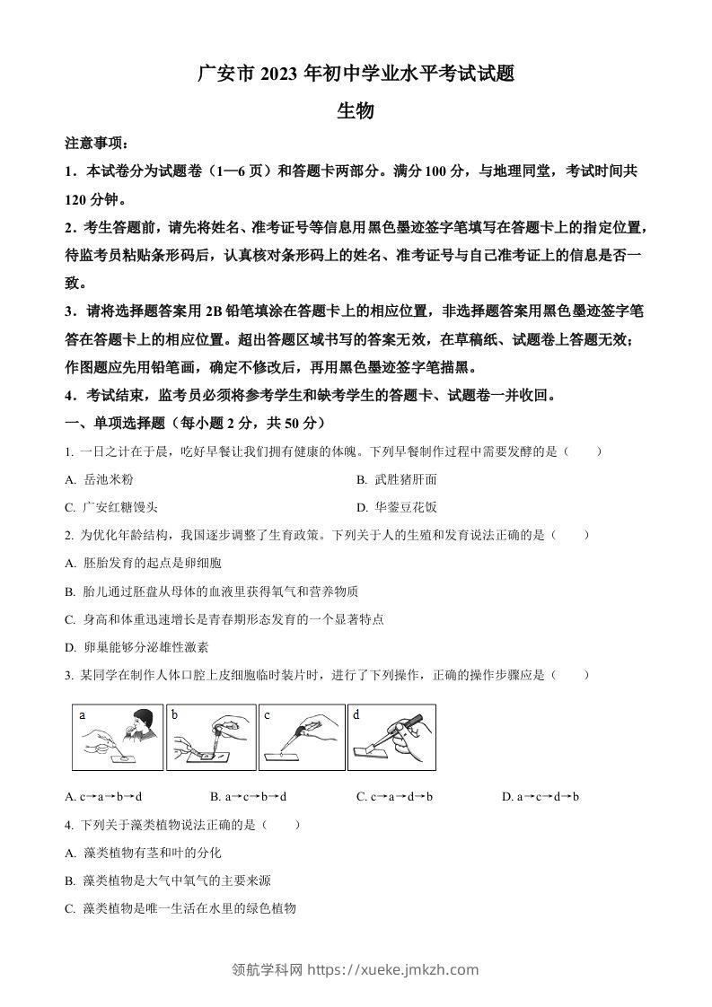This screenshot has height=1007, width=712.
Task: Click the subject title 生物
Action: point(355,111)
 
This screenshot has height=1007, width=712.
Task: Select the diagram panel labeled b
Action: point(211,737)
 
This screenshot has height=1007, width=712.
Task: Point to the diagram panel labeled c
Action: point(302,737)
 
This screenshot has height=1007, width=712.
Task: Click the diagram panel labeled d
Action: point(392,737)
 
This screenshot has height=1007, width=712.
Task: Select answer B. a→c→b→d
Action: point(248,796)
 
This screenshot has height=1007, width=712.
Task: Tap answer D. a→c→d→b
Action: point(541,796)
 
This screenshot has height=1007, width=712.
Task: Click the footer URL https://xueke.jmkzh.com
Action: point(393,969)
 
